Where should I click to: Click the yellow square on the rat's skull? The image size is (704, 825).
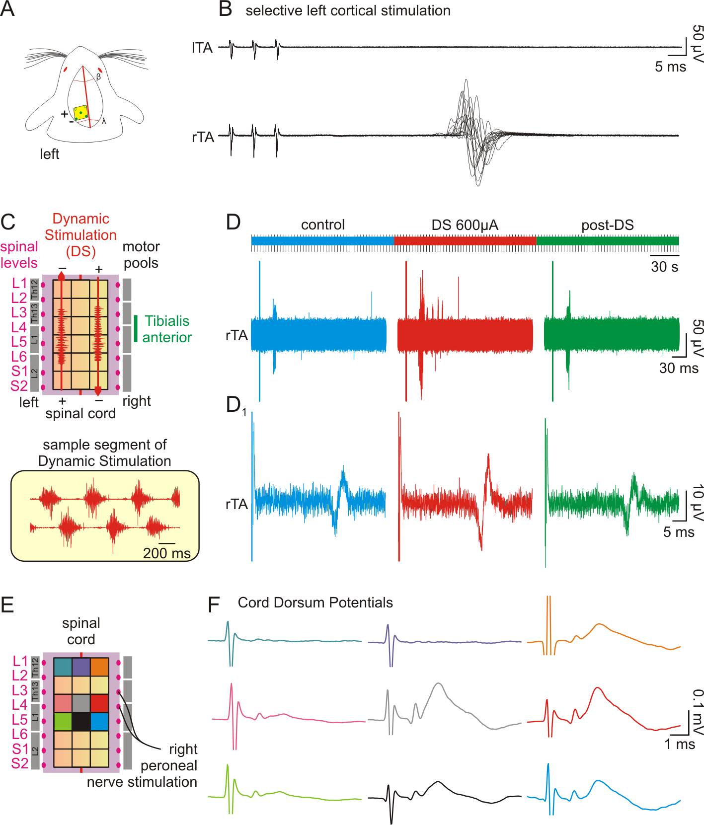(x=81, y=113)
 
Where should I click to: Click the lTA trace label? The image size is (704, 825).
(x=202, y=48)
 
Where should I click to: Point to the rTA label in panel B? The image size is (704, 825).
(x=203, y=137)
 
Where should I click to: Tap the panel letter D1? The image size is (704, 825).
(x=235, y=405)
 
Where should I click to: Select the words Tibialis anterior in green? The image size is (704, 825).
(x=167, y=329)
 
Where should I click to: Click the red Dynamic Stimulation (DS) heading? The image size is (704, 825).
(x=80, y=235)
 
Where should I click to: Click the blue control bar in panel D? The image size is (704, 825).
(x=322, y=241)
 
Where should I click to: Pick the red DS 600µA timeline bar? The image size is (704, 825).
(x=465, y=241)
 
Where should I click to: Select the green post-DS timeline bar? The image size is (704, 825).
(x=607, y=241)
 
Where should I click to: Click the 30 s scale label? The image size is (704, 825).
(x=664, y=267)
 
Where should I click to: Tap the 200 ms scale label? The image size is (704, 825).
(x=166, y=553)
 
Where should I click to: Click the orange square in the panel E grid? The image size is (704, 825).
(x=99, y=667)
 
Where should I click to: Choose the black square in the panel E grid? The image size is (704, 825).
(x=81, y=722)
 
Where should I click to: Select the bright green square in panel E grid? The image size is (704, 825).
(x=63, y=722)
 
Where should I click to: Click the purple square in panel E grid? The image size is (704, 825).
(x=81, y=667)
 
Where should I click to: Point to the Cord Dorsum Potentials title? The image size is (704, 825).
(x=315, y=602)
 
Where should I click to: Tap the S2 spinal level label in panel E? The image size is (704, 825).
(x=20, y=763)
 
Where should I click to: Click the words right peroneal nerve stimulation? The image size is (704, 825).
(x=154, y=765)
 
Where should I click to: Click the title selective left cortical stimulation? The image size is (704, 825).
(x=348, y=10)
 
